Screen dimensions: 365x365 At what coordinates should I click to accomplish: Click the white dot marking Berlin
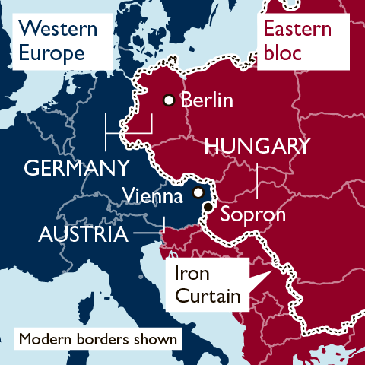[170, 100]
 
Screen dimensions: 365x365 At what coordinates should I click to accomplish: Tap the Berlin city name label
[207, 100]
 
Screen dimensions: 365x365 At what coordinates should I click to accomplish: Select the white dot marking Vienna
[198, 192]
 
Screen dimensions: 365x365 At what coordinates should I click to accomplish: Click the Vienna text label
[153, 196]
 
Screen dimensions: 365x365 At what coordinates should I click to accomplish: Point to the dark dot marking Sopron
[207, 208]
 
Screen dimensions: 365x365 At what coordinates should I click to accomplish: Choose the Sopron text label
[252, 215]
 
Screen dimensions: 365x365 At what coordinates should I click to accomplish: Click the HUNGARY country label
[257, 146]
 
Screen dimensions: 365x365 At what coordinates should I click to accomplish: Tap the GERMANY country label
[75, 167]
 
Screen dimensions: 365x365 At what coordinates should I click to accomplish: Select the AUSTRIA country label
[84, 233]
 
